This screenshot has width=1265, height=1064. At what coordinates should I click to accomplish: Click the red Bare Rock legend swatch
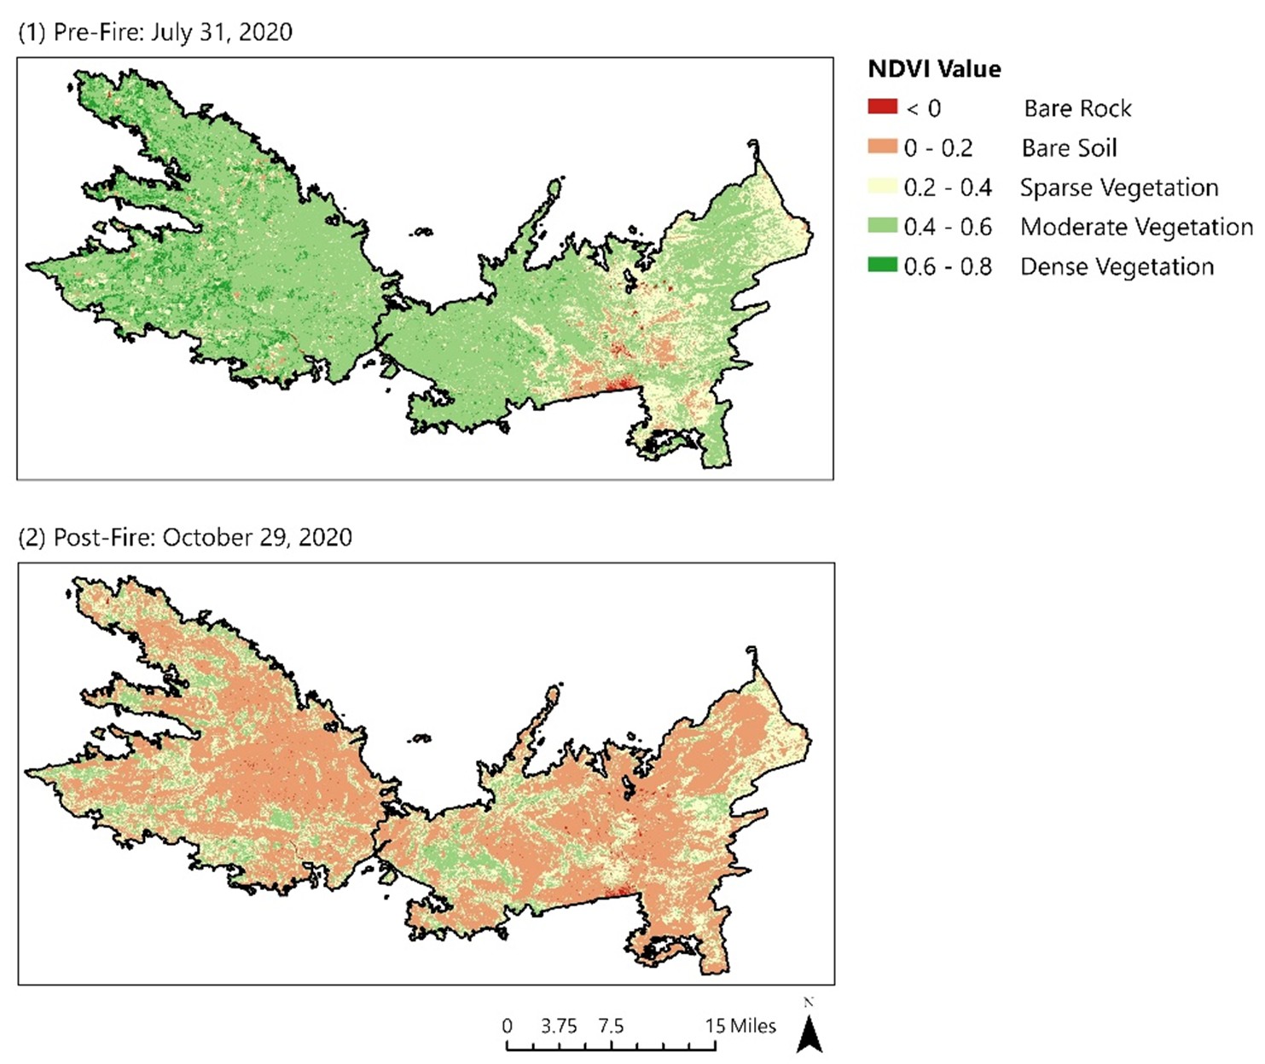tap(882, 107)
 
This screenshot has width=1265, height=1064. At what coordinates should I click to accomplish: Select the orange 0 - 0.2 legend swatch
tap(882, 147)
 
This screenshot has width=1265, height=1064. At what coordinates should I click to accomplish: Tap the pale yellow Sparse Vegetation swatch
tap(882, 187)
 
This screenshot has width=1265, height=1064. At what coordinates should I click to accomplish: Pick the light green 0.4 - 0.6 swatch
tap(882, 226)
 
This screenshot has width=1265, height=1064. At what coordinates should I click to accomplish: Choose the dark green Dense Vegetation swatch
tap(882, 265)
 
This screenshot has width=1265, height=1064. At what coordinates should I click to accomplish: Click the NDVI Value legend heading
tap(934, 69)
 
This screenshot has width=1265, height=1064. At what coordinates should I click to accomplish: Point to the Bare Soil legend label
tap(1069, 148)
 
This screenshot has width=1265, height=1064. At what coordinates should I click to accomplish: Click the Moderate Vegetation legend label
tap(1136, 228)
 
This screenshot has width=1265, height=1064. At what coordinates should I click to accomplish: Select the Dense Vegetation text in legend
tap(1117, 267)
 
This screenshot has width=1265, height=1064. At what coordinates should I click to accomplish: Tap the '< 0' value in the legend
tap(923, 109)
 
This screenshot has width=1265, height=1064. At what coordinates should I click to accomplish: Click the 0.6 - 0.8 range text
tap(948, 267)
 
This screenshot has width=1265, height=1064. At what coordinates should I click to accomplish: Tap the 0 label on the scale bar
tap(508, 1026)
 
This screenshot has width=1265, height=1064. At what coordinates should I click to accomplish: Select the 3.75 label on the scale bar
tap(559, 1026)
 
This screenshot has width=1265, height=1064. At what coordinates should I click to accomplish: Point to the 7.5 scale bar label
tap(611, 1026)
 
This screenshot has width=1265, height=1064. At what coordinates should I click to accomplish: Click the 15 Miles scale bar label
tap(740, 1026)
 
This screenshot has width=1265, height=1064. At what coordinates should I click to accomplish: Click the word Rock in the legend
tap(1105, 109)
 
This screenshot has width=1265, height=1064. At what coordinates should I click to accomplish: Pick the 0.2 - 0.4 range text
tap(948, 188)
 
